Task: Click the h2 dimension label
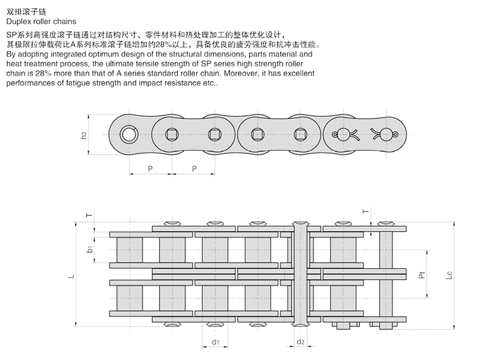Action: (x=84, y=135)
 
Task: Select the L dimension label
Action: (x=71, y=277)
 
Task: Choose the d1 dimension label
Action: (x=214, y=343)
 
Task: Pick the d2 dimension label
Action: (x=301, y=343)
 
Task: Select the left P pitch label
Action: (x=150, y=169)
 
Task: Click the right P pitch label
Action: (x=194, y=169)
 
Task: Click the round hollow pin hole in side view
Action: (x=129, y=134)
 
